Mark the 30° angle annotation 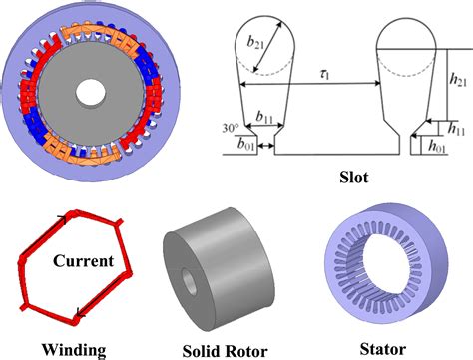coord(231,128)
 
